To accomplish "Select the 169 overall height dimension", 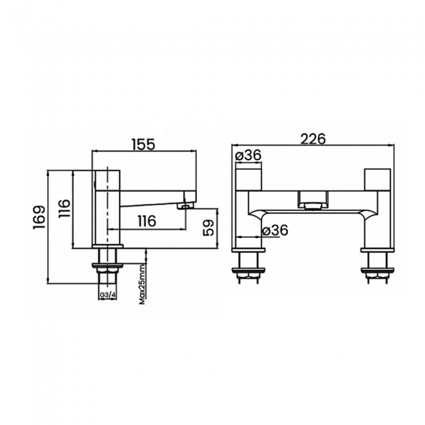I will point(39,218).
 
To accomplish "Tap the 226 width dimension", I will point(314,139).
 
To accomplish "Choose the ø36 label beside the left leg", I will point(274,229).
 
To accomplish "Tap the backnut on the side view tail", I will point(109,267).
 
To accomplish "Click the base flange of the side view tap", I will point(109,248).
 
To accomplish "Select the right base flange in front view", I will point(377,249).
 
